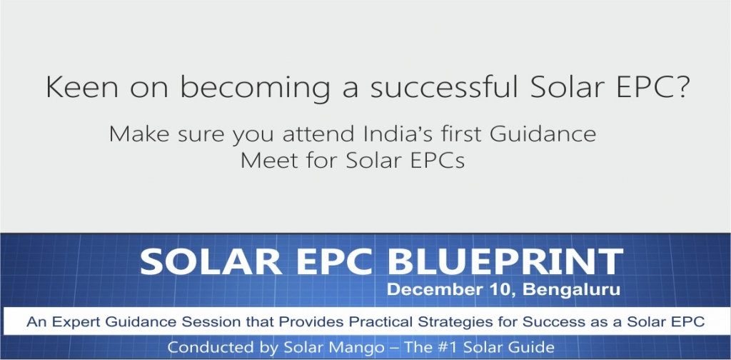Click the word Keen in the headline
click(82, 87)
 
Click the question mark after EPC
click(679, 87)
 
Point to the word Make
click(139, 134)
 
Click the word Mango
click(364, 348)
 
